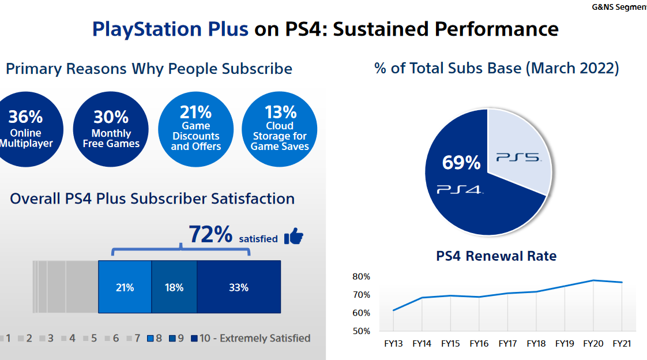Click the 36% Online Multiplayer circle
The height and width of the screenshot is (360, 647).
coord(26,130)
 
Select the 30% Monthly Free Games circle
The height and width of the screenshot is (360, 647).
coord(111,130)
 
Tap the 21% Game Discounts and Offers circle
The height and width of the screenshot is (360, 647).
coord(195,130)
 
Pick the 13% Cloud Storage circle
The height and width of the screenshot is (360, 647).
coord(280,130)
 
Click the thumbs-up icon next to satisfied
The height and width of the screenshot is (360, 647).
coord(294,236)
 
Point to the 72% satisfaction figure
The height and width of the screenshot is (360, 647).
coord(210,235)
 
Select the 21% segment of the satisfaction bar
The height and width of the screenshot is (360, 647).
coord(125,287)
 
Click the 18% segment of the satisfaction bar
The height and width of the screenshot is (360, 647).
coord(174,287)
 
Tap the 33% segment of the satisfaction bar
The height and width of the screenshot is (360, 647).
coord(238,287)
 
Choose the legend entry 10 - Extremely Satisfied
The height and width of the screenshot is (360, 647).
coord(254,338)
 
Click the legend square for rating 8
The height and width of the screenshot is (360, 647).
coord(151,339)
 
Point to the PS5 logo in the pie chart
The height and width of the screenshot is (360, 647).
coord(518,157)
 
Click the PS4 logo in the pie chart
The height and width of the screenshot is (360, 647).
coord(460,189)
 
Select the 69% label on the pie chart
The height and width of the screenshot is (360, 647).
coord(461,163)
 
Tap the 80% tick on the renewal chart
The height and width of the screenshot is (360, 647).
coord(361,276)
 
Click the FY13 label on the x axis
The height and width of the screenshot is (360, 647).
coord(393,344)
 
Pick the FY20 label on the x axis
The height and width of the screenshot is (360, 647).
coord(593,344)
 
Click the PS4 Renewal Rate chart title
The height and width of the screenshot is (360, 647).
coord(496,256)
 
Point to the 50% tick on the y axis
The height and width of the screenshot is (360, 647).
coord(361,331)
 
